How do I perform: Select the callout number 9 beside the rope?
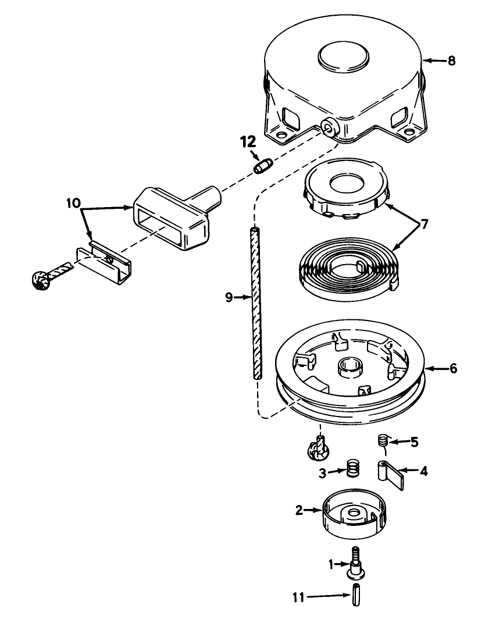[229, 297]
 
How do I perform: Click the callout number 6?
[454, 369]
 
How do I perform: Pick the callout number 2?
[299, 510]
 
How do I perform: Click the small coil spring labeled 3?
[351, 468]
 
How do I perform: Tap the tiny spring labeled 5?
[383, 440]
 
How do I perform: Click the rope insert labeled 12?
[262, 166]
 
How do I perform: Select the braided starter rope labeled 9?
[255, 302]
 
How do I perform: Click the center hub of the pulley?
[350, 368]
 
